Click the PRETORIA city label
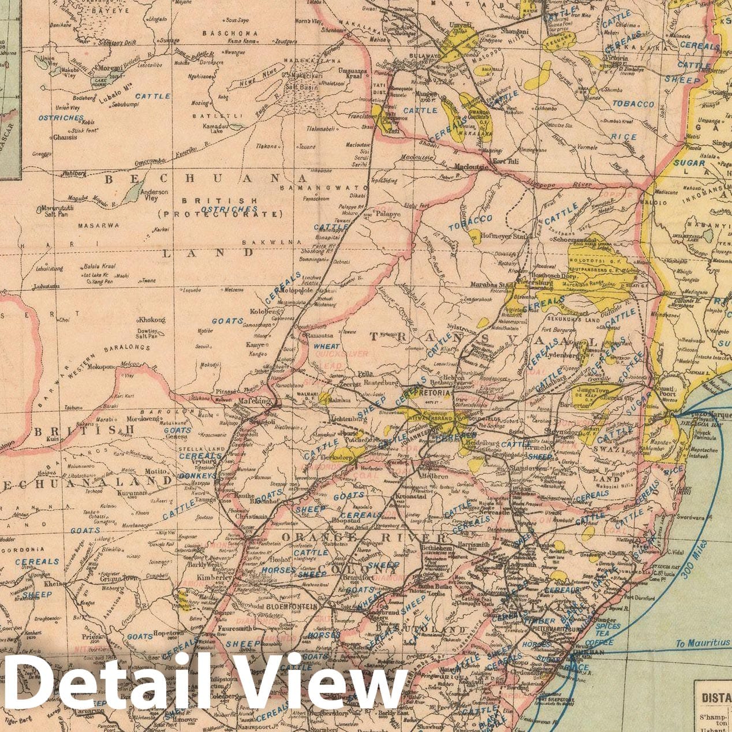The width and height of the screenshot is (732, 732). point(434,393)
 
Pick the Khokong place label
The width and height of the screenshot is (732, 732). point(151,320)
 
